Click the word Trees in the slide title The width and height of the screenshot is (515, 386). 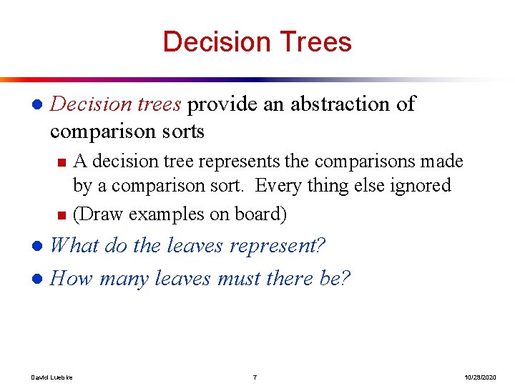(315, 41)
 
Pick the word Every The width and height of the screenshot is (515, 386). (281, 186)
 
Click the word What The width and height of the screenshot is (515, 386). (75, 247)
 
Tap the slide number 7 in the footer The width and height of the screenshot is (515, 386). (255, 376)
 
